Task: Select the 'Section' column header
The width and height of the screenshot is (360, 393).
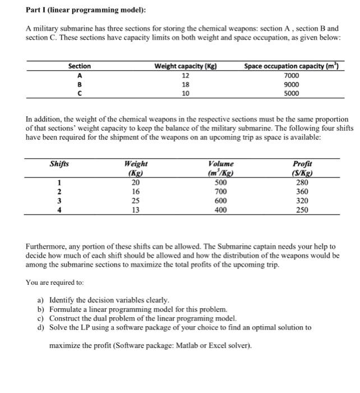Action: [x=80, y=66]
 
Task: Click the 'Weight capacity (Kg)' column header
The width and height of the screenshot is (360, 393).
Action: [x=186, y=66]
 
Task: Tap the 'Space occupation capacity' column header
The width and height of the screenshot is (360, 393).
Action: [x=292, y=66]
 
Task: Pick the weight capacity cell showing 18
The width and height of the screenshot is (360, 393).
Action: [x=186, y=84]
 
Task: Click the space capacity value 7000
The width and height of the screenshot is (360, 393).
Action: [x=292, y=75]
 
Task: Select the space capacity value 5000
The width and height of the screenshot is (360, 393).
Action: [x=292, y=93]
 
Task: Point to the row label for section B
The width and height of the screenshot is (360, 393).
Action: [x=80, y=84]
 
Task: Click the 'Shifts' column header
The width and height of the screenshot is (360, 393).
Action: [x=59, y=163]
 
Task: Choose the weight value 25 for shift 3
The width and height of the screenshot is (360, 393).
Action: [x=135, y=200]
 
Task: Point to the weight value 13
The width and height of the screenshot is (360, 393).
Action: [x=135, y=210]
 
